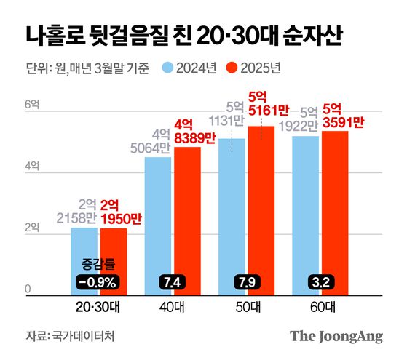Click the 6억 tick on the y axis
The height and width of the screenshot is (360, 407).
tap(32, 105)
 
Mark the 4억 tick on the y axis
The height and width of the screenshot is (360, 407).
tap(32, 167)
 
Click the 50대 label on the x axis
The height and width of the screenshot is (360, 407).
tap(245, 307)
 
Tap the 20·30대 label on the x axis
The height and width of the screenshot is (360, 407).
tap(98, 307)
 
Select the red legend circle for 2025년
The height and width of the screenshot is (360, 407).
tap(232, 69)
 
